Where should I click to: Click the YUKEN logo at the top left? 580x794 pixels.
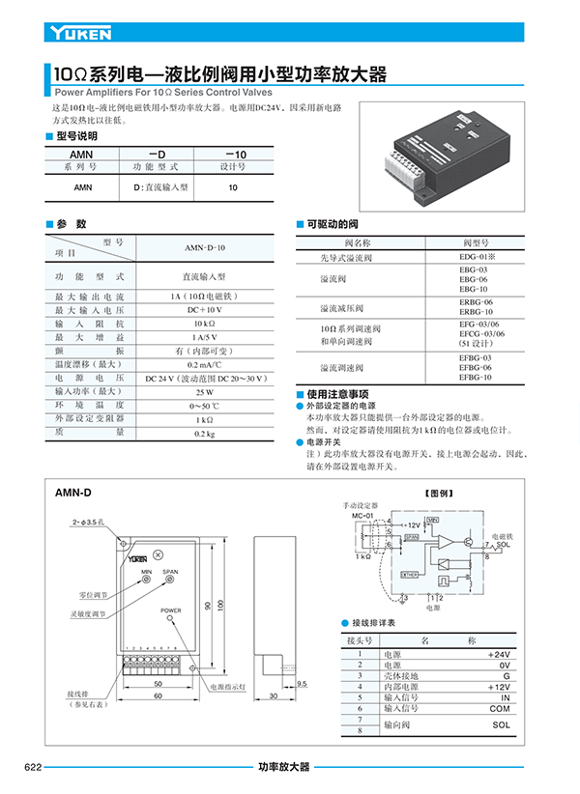(x=80, y=33)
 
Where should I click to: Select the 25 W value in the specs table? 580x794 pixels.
(x=204, y=392)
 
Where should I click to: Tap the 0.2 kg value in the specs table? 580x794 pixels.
(x=204, y=434)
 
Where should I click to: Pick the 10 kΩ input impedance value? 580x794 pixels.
(x=204, y=324)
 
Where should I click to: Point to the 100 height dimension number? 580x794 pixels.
(x=220, y=604)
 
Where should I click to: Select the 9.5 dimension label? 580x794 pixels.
(x=302, y=683)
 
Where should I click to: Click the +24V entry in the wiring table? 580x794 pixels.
(x=499, y=654)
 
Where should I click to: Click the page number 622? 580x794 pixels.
(x=33, y=767)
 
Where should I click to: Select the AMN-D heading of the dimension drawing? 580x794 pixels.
(x=73, y=493)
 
